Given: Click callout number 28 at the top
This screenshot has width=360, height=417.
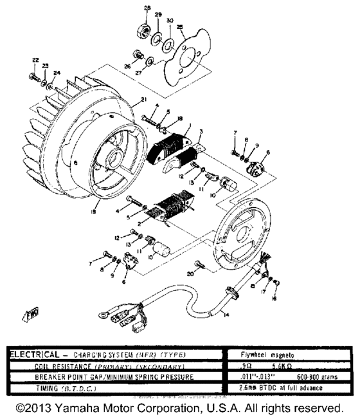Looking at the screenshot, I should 146,8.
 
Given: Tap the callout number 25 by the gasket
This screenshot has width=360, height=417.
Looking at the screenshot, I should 179,26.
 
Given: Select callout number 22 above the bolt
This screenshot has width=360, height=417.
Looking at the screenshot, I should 35,60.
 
